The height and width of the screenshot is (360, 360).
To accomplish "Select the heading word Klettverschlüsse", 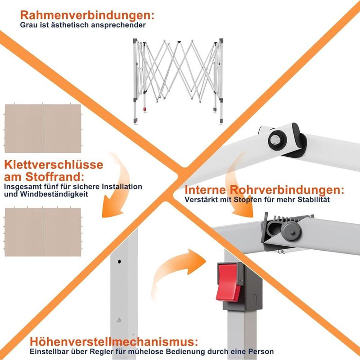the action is pos(54,165).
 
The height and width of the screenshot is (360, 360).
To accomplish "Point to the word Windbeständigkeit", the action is pos(54,194).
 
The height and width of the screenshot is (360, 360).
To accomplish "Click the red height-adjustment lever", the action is pos(228,282).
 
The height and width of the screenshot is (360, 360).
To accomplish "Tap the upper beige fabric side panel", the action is pos(43,129).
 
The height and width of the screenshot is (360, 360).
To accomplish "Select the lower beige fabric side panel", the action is pos(43,232).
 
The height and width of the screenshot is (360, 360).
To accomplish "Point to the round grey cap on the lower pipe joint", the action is pos(291,231).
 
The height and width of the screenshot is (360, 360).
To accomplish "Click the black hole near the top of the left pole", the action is pos(119,261).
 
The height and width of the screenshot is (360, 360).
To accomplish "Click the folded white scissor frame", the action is pos(178,81).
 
